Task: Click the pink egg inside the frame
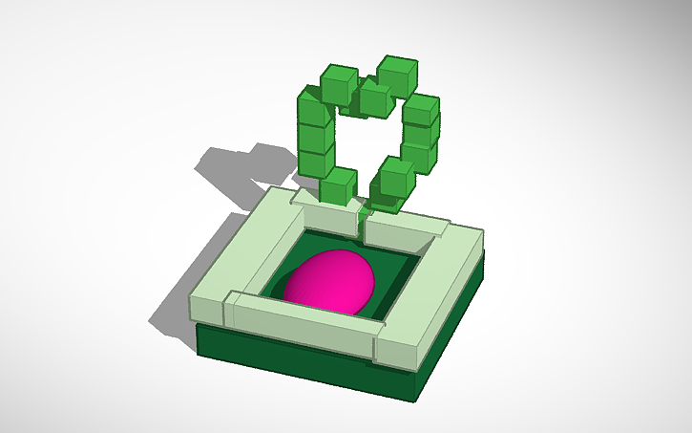tap(329, 282)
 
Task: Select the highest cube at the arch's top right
tap(396, 75)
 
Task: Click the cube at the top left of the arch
tap(338, 83)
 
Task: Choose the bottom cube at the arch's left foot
tap(339, 185)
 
